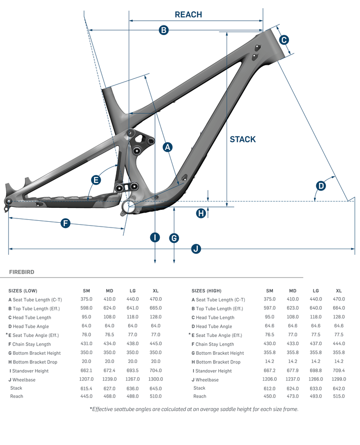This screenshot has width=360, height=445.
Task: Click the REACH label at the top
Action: pyautogui.click(x=188, y=14)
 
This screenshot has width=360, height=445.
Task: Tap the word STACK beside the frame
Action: pyautogui.click(x=242, y=139)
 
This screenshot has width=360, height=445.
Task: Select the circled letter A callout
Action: pyautogui.click(x=168, y=147)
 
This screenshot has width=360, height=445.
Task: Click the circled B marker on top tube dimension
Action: pyautogui.click(x=164, y=30)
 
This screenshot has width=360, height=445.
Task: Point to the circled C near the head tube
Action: pyautogui.click(x=284, y=40)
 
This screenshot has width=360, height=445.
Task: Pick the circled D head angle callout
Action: pyautogui.click(x=321, y=186)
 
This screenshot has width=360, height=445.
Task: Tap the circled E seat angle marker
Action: pyautogui.click(x=96, y=180)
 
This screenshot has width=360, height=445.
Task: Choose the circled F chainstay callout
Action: pyautogui.click(x=65, y=223)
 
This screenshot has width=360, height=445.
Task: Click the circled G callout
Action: pyautogui.click(x=174, y=238)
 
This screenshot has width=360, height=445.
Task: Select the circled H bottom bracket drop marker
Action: pyautogui.click(x=202, y=213)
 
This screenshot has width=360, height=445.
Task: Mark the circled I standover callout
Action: pyautogui.click(x=155, y=237)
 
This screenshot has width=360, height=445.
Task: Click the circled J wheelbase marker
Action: pyautogui.click(x=195, y=249)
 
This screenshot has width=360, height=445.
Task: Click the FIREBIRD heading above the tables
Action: pyautogui.click(x=22, y=272)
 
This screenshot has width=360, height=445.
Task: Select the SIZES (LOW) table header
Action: pyautogui.click(x=23, y=290)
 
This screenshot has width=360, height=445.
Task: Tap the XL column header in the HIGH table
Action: pyautogui.click(x=339, y=290)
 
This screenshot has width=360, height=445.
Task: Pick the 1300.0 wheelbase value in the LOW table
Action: pyautogui.click(x=156, y=379)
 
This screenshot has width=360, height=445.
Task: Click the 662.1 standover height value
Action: pyautogui.click(x=86, y=371)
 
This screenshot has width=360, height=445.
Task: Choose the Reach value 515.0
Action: pyautogui.click(x=339, y=396)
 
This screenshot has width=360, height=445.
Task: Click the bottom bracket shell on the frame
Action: pyautogui.click(x=129, y=207)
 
